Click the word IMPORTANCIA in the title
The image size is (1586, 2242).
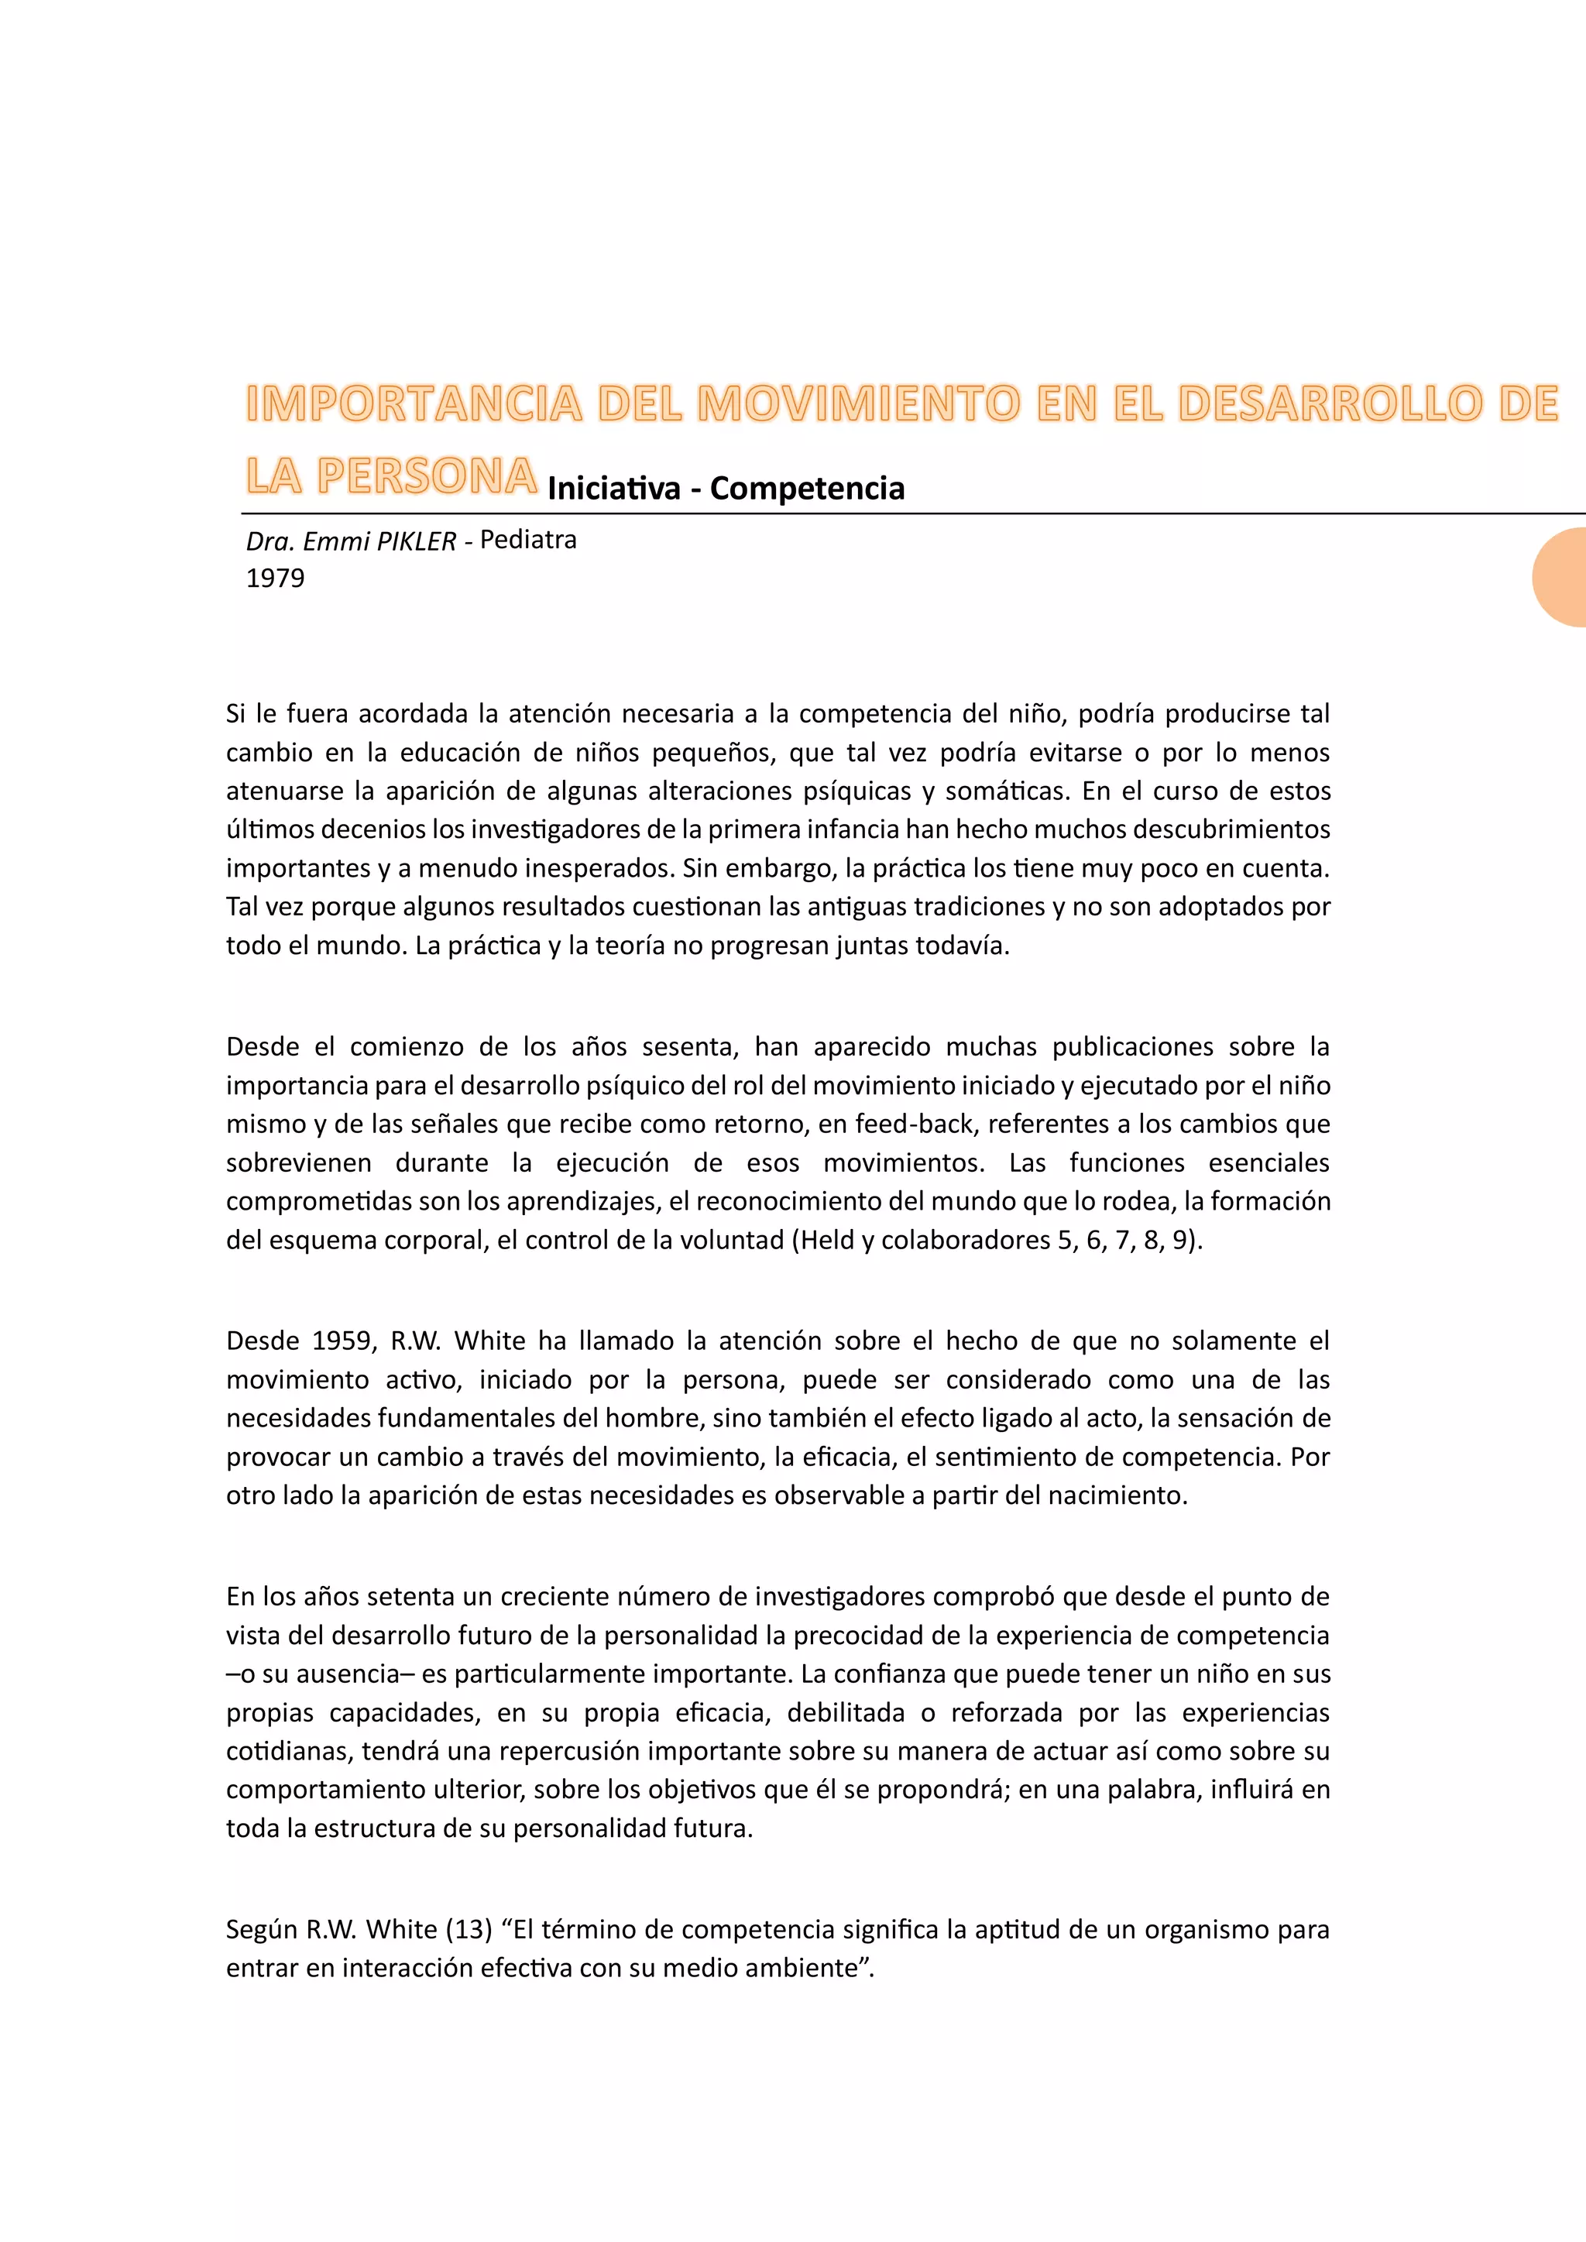414,403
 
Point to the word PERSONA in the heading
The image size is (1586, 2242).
427,476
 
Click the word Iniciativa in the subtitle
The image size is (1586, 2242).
613,487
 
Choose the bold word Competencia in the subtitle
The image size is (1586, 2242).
807,487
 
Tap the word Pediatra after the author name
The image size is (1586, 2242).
528,539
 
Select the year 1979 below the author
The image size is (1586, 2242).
276,578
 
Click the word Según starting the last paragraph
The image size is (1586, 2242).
262,1930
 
